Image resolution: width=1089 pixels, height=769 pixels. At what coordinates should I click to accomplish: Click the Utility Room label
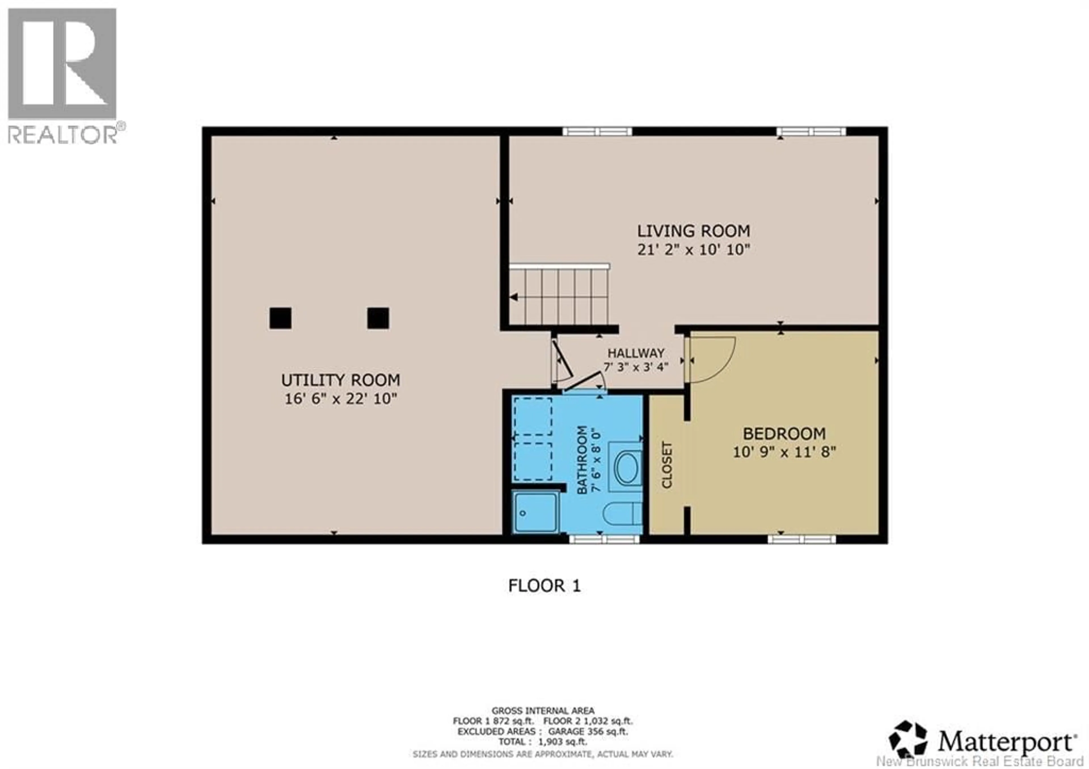click(341, 380)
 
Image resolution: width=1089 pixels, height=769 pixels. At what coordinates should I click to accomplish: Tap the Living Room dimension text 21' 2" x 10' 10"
click(693, 250)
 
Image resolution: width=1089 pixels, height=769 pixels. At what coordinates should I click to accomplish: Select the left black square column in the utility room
click(280, 318)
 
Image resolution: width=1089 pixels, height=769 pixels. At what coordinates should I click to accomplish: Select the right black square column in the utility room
click(378, 318)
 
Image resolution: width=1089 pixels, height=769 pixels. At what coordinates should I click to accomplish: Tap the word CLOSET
click(667, 465)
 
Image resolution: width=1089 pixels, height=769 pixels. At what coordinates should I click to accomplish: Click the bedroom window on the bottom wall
click(801, 539)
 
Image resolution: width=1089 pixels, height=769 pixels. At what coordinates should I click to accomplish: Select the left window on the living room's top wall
click(597, 131)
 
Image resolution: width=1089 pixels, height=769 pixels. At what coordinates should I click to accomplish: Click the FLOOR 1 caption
click(544, 586)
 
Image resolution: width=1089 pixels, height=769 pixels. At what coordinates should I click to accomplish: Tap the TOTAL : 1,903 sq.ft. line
click(543, 741)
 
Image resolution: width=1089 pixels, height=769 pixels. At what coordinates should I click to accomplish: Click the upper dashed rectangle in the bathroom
click(533, 416)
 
